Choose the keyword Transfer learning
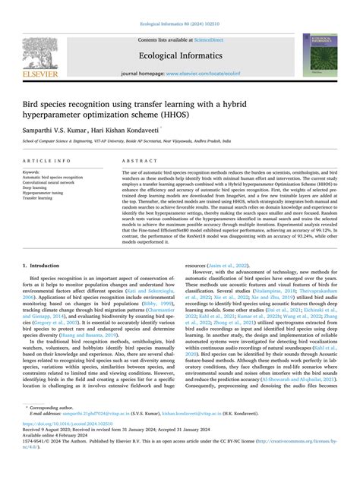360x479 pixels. [x=42, y=199]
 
